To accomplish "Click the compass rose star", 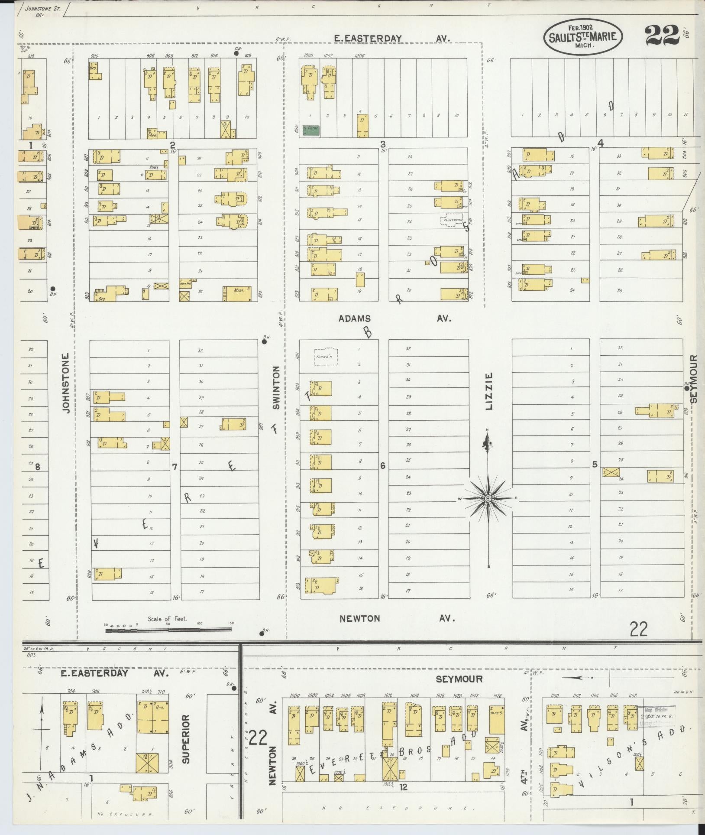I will (488, 499).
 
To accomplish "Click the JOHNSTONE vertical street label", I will (66, 383).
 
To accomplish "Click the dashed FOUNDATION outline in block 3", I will (452, 220).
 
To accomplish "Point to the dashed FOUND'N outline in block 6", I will (326, 356).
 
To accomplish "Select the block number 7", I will (174, 467).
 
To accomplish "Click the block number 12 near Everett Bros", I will (404, 787).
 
